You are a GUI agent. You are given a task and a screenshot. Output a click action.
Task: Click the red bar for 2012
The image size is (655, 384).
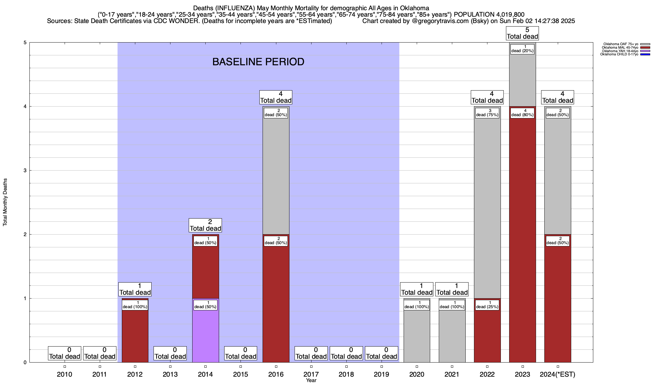coord(135,336)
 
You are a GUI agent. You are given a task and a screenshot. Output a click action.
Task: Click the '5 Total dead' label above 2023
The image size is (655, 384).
coord(522,33)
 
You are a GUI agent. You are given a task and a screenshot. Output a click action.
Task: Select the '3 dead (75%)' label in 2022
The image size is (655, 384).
coord(487,113)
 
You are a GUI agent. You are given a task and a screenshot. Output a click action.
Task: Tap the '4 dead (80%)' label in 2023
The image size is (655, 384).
coord(522,113)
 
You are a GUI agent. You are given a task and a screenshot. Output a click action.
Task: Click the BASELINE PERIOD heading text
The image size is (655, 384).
coord(258,62)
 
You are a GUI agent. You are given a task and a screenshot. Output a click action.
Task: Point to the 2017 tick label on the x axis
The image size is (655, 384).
coord(311,374)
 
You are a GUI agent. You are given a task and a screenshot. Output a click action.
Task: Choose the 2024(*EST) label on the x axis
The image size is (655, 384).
coord(557,374)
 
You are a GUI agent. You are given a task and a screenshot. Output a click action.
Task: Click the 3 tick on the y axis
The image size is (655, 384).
coord(25,171)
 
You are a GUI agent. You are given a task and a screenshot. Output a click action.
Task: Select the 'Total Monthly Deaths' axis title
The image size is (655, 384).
coord(5,202)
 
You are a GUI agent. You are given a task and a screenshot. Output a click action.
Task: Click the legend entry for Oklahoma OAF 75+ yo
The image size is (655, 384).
coord(621,44)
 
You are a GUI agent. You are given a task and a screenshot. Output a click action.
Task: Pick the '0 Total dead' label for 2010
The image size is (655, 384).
coord(64,353)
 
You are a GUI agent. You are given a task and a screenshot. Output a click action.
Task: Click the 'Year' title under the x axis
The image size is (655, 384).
coord(311,380)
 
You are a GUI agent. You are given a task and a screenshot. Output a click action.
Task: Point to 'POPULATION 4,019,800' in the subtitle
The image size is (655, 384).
coord(489,15)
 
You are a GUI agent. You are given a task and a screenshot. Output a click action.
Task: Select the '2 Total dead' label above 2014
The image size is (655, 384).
coord(205,225)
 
